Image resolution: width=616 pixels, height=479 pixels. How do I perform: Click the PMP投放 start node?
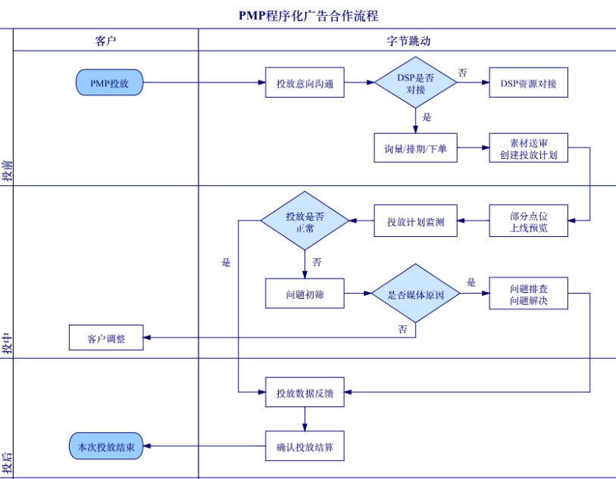(x=109, y=82)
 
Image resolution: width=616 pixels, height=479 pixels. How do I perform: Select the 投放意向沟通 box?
(x=305, y=82)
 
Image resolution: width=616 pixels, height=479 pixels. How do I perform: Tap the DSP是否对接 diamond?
(x=415, y=82)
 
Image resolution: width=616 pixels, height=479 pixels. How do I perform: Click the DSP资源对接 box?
(x=528, y=82)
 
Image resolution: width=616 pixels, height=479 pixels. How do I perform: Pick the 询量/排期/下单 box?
(x=415, y=148)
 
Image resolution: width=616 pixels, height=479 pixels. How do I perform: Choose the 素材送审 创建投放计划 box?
(x=528, y=148)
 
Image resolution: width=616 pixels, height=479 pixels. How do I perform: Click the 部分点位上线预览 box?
(x=528, y=221)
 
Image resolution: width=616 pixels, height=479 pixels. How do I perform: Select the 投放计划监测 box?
(x=415, y=221)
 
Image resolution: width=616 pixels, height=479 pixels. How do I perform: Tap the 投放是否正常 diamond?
(x=305, y=221)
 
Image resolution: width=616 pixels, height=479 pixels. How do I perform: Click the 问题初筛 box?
(x=305, y=294)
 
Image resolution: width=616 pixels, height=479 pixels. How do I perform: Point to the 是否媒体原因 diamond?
(x=415, y=294)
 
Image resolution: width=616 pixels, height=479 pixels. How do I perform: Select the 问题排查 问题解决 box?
(x=528, y=294)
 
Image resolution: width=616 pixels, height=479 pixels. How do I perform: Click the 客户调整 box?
(x=106, y=337)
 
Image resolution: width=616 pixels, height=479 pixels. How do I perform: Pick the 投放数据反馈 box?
(x=305, y=392)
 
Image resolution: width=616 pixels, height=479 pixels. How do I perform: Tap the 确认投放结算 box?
(x=305, y=446)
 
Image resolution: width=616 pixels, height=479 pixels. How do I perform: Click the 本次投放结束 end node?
(x=105, y=446)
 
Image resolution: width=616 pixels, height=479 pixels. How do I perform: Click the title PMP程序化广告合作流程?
(x=308, y=14)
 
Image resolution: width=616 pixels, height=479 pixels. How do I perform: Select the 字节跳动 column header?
(x=408, y=40)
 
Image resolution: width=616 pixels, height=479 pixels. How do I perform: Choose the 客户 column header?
(x=106, y=40)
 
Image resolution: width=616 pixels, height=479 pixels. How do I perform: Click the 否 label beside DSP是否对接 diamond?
(x=462, y=73)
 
